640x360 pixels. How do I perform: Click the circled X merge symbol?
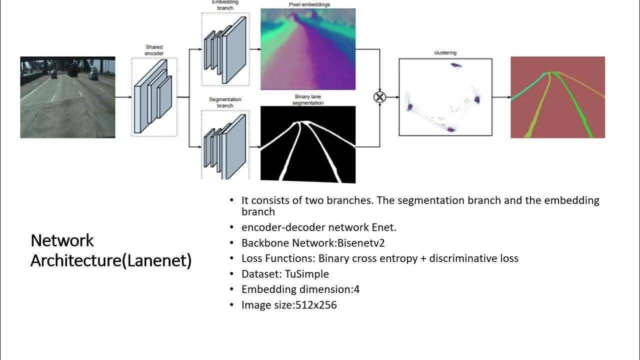click(379, 97)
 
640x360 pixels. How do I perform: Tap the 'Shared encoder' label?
click(154, 50)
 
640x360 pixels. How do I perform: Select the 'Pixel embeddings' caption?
click(309, 4)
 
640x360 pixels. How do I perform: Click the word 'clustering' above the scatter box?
click(445, 52)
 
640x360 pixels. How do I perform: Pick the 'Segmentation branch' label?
click(224, 102)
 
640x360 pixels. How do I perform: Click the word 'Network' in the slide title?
click(62, 240)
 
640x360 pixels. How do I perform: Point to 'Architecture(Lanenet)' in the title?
click(111, 260)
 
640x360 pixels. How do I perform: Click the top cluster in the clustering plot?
click(454, 65)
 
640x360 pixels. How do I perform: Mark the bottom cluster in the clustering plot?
click(451, 129)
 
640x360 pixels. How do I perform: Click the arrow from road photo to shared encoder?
click(123, 97)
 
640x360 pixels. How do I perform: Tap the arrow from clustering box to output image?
click(501, 97)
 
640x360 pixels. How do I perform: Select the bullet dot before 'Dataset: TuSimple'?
click(231, 274)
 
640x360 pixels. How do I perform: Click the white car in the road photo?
click(93, 75)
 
